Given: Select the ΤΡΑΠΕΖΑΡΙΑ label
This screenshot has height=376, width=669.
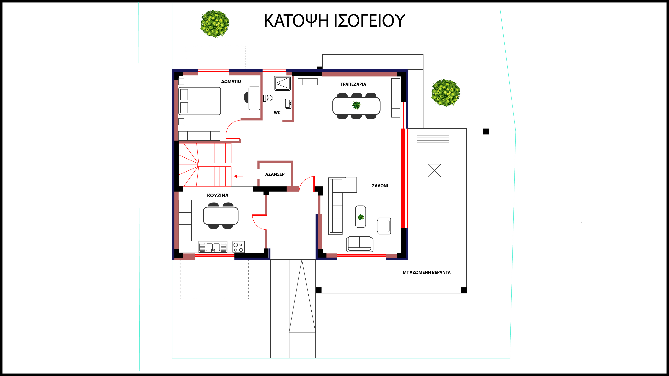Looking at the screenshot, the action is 353,84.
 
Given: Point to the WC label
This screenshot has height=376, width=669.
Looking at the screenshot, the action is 277,113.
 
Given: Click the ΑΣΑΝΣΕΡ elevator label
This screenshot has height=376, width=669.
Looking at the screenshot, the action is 275,174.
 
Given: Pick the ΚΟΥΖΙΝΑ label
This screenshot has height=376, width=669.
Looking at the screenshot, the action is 218,195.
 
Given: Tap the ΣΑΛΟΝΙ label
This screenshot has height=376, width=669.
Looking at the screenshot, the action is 380,186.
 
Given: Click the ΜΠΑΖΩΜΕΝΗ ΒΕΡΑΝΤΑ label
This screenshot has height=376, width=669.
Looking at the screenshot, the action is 426,272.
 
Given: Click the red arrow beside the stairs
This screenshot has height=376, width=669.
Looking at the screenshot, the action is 238,176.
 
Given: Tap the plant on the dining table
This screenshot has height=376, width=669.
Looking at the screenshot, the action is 356,105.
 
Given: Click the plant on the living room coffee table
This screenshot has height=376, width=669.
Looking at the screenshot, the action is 360,217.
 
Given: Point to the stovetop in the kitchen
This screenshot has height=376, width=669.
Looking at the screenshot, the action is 238,247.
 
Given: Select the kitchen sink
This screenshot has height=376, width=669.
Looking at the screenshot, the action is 213,247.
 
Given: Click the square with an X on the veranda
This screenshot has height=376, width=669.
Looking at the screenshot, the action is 434,170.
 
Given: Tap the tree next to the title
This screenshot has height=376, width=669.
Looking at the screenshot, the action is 215,24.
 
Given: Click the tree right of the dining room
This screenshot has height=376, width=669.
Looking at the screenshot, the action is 446,93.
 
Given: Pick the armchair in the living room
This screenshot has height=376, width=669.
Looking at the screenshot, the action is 384,226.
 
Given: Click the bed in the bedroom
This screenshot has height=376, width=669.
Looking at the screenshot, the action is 200,101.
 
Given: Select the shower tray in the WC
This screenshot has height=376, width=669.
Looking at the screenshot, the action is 282,83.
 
